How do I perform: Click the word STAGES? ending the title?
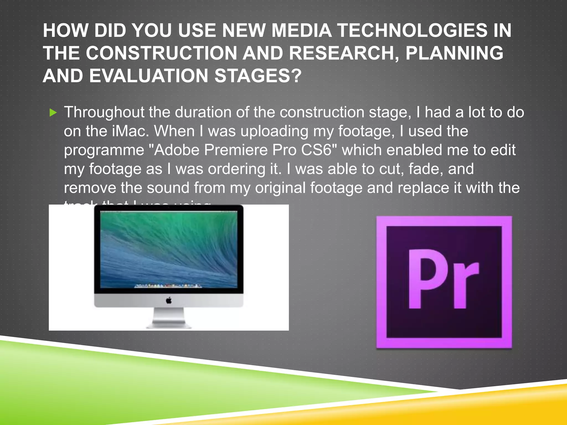[258, 76]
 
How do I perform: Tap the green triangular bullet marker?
[53, 113]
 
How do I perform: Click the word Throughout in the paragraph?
[104, 113]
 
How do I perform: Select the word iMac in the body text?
[129, 131]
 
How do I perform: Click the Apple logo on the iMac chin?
[169, 300]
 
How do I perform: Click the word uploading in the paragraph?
[274, 132]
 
